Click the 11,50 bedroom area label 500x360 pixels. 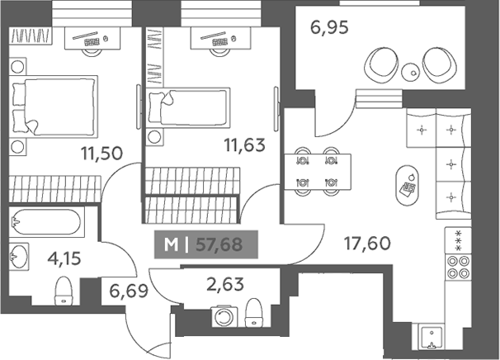[x=101, y=154]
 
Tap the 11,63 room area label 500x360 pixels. [x=244, y=145]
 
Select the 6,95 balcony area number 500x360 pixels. [x=329, y=27]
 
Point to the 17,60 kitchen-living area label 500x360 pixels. [x=367, y=244]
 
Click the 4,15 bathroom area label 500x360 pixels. [x=64, y=258]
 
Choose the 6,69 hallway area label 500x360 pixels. [x=129, y=291]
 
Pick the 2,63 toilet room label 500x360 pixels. [x=225, y=284]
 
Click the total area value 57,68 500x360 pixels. [x=219, y=244]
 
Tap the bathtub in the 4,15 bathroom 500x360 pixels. [x=46, y=222]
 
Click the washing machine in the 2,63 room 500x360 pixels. [x=224, y=316]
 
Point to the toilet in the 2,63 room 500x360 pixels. [x=254, y=313]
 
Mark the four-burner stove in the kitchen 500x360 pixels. [x=458, y=268]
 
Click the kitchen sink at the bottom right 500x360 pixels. [x=432, y=339]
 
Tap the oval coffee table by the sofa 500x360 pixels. [x=408, y=186]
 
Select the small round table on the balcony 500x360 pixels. [x=410, y=73]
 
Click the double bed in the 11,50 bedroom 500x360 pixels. [x=54, y=107]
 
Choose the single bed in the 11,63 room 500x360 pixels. [x=188, y=107]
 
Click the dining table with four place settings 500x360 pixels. [x=318, y=172]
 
